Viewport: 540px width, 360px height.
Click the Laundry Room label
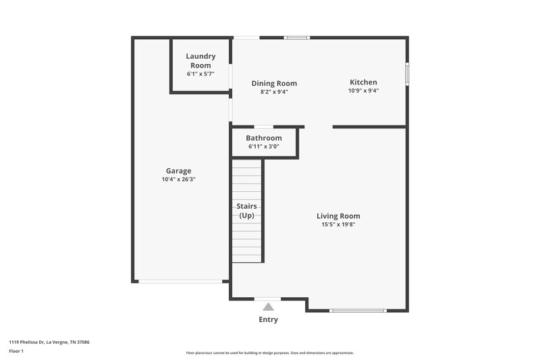[x=200, y=61]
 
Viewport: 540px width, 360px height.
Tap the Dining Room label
[x=274, y=84]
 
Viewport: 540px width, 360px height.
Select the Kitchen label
[x=363, y=82]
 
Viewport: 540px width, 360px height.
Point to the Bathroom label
[x=263, y=138]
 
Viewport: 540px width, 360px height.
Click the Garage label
[x=179, y=171]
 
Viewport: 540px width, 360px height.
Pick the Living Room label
[x=338, y=216]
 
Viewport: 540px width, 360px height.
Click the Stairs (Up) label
[x=246, y=210]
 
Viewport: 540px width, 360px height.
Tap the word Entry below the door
[x=268, y=319]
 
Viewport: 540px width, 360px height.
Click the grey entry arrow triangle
[x=268, y=307]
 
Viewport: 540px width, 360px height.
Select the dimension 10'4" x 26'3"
[x=179, y=180]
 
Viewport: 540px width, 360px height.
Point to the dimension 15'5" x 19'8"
[x=338, y=225]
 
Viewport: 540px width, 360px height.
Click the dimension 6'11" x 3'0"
[x=263, y=147]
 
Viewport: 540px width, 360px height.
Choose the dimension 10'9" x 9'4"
[x=363, y=91]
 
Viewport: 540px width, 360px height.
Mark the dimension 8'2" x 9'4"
[x=274, y=93]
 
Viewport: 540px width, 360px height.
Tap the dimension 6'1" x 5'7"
[x=200, y=74]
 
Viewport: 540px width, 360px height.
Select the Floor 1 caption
[x=17, y=351]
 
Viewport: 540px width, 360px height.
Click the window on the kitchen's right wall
[x=407, y=74]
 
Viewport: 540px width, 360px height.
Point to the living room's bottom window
[x=358, y=311]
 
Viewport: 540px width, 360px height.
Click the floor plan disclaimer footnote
[x=270, y=353]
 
